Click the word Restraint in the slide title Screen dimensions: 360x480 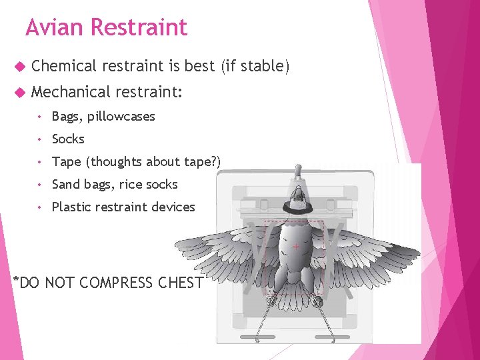pyautogui.click(x=139, y=27)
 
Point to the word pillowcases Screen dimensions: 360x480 pyautogui.click(x=121, y=116)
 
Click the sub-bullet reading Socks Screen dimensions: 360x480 pyautogui.click(x=68, y=139)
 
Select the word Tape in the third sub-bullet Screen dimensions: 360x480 pyautogui.click(x=66, y=161)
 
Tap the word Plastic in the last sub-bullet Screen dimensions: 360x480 pyautogui.click(x=71, y=207)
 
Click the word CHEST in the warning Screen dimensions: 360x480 pyautogui.click(x=180, y=283)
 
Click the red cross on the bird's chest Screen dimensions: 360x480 pyautogui.click(x=296, y=247)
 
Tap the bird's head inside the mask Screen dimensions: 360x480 pyautogui.click(x=299, y=194)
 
